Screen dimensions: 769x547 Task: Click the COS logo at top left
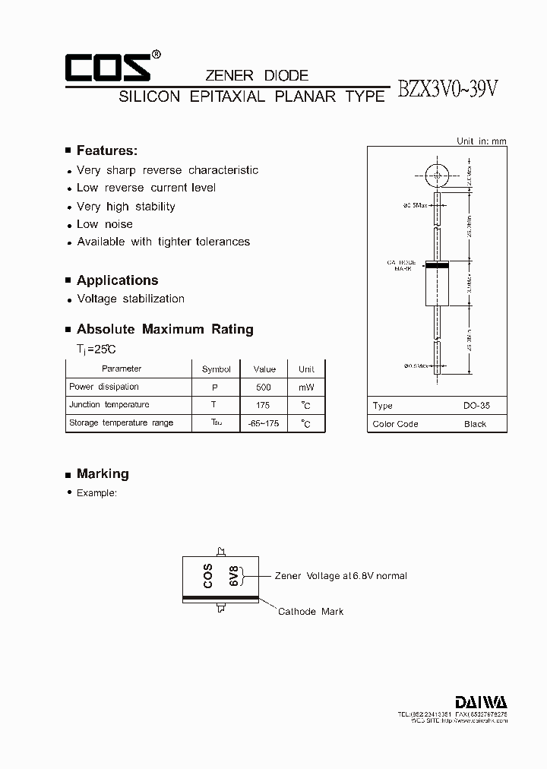coord(107,67)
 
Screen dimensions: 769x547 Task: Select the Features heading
coord(106,150)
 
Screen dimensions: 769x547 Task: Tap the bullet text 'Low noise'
coord(105,224)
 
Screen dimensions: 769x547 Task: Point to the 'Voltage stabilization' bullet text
coord(131,299)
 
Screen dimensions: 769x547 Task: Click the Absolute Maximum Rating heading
coord(165,329)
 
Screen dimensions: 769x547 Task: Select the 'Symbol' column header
coord(217,369)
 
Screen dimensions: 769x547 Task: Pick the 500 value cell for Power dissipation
coord(264,388)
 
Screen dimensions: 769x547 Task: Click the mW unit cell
coord(306,388)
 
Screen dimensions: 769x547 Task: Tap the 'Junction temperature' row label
coord(109,405)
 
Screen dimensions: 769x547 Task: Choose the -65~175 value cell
coord(264,423)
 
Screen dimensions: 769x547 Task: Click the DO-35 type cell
coord(476,406)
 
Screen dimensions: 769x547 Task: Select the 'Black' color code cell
coord(475,424)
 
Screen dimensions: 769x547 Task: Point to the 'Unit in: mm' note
coord(481,141)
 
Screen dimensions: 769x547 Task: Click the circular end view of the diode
coord(437,175)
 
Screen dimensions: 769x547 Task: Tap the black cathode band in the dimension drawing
coord(436,265)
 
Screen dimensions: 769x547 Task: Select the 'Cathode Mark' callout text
coord(310,612)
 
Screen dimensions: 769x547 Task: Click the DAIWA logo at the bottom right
coord(481,701)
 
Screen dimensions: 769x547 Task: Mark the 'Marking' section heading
coord(103,473)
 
